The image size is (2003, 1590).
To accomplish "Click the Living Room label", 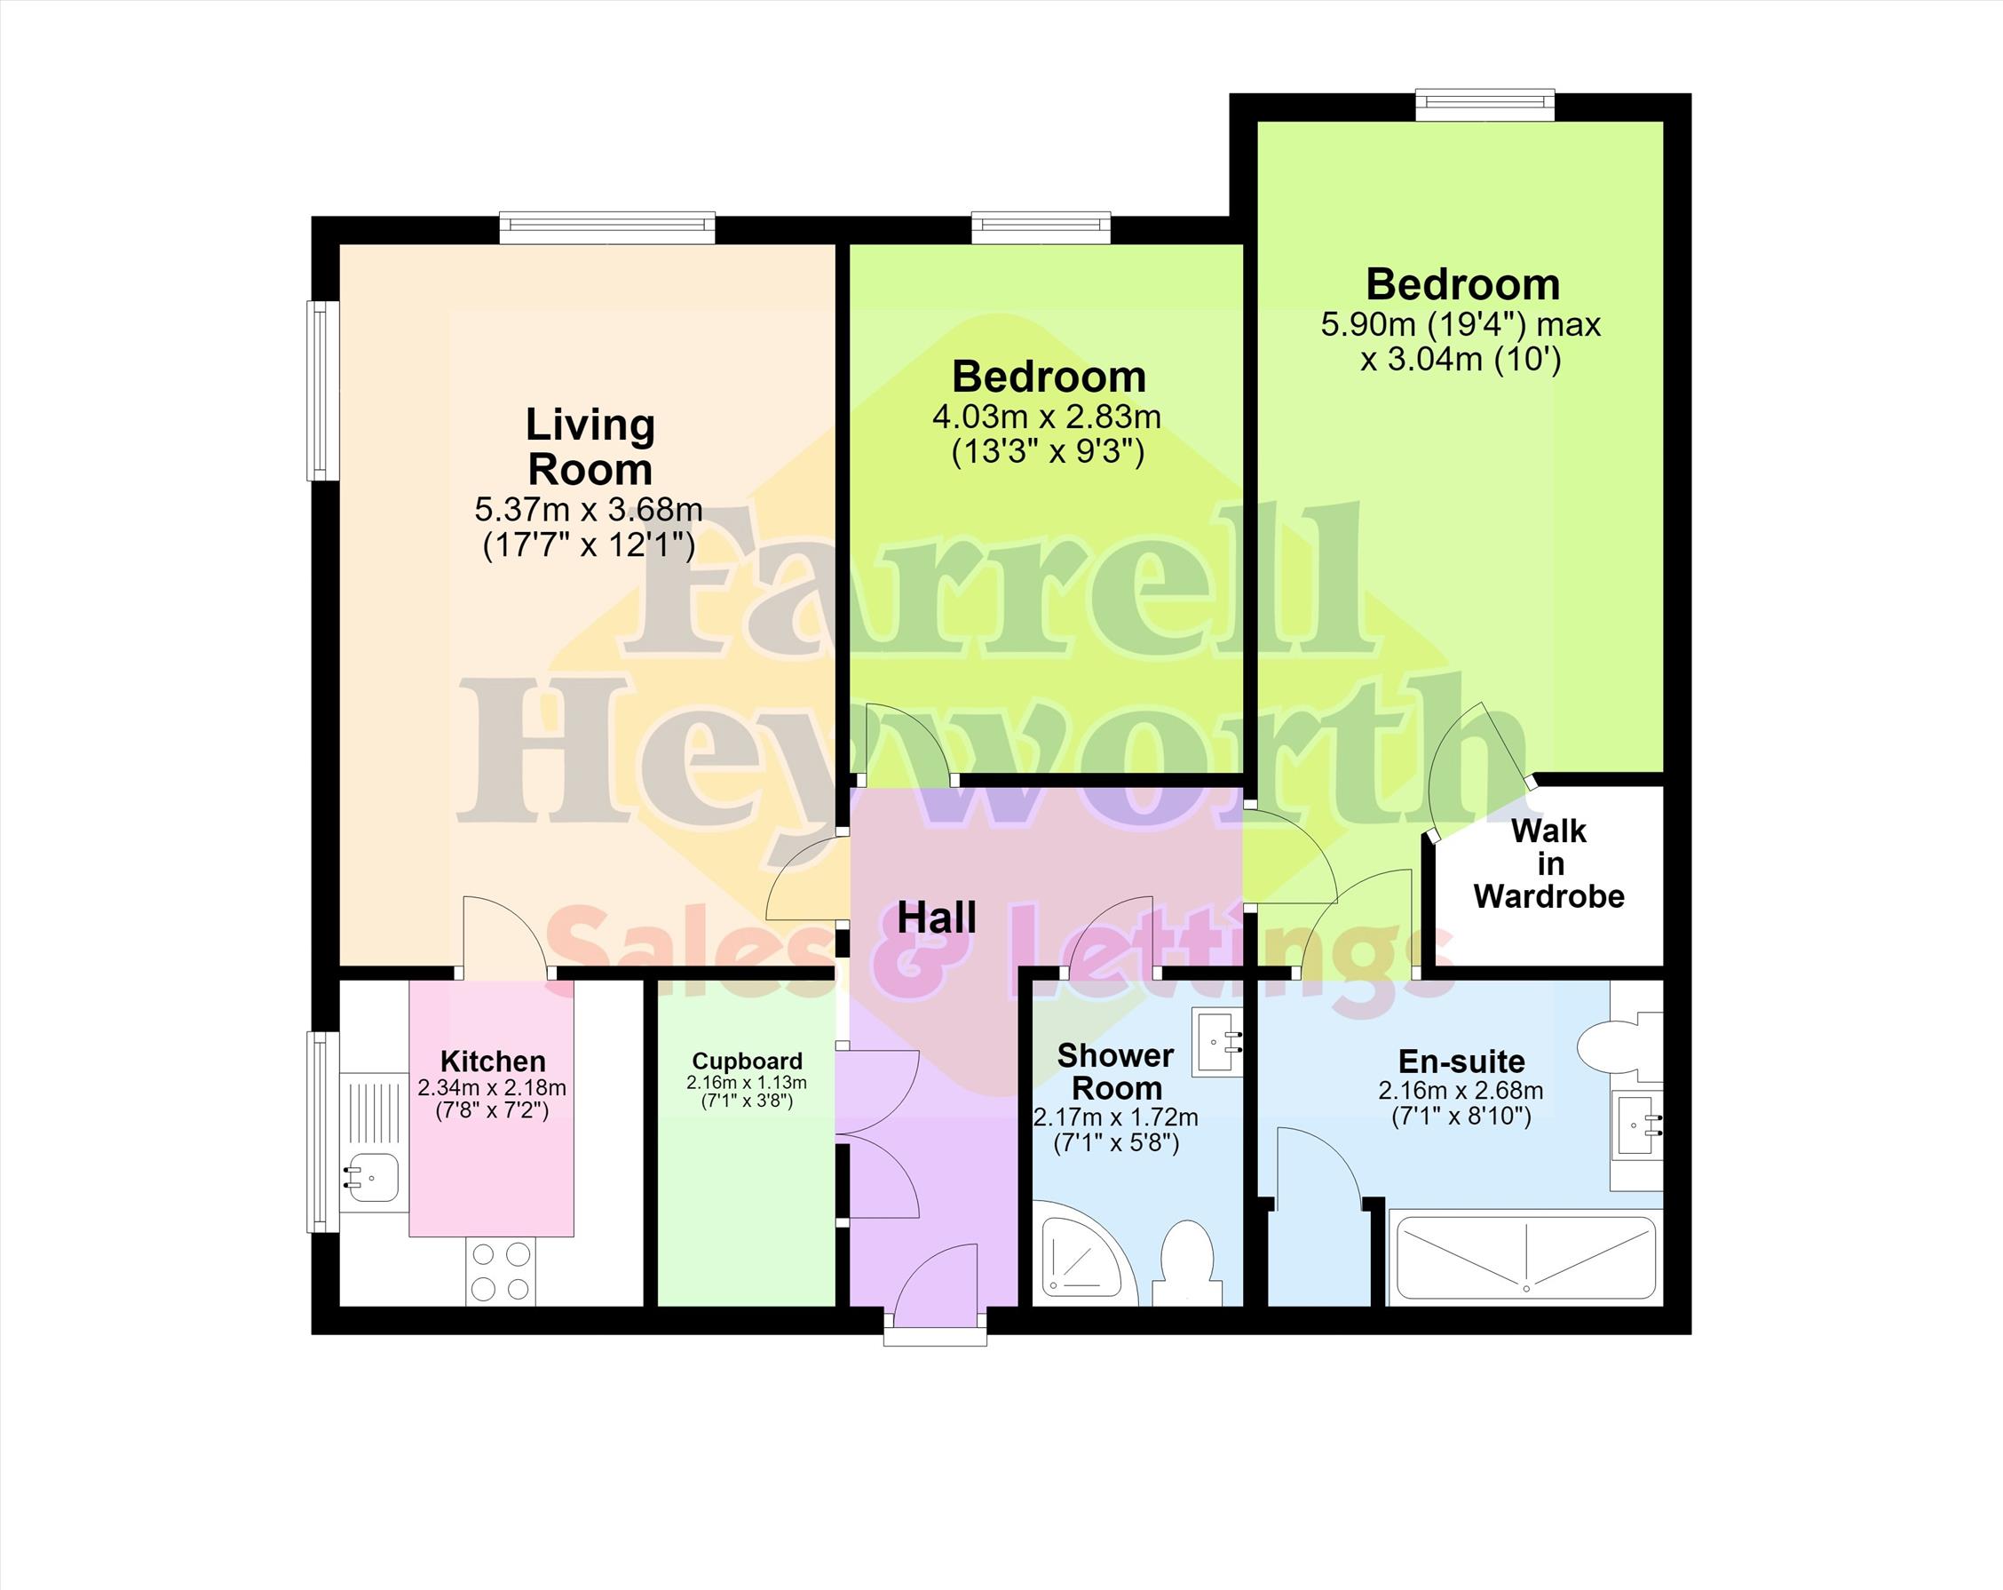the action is point(590,447).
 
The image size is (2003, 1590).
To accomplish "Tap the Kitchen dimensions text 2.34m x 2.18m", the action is point(492,1087).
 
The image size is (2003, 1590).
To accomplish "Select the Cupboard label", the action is point(747,1061).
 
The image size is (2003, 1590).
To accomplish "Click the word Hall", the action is point(937,918).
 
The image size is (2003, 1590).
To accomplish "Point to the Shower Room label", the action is point(1116,1071).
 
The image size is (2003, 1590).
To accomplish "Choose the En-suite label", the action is point(1461,1061).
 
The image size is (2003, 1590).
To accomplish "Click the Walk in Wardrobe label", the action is point(1548,863).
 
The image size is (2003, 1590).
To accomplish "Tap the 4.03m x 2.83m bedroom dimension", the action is point(1047,417).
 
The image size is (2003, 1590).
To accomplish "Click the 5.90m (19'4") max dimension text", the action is point(1461,324).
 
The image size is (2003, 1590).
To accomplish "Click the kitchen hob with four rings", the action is point(501,1272).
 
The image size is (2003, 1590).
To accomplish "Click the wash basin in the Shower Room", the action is point(1218,1045).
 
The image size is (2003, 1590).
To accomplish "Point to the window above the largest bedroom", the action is point(1484,104).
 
